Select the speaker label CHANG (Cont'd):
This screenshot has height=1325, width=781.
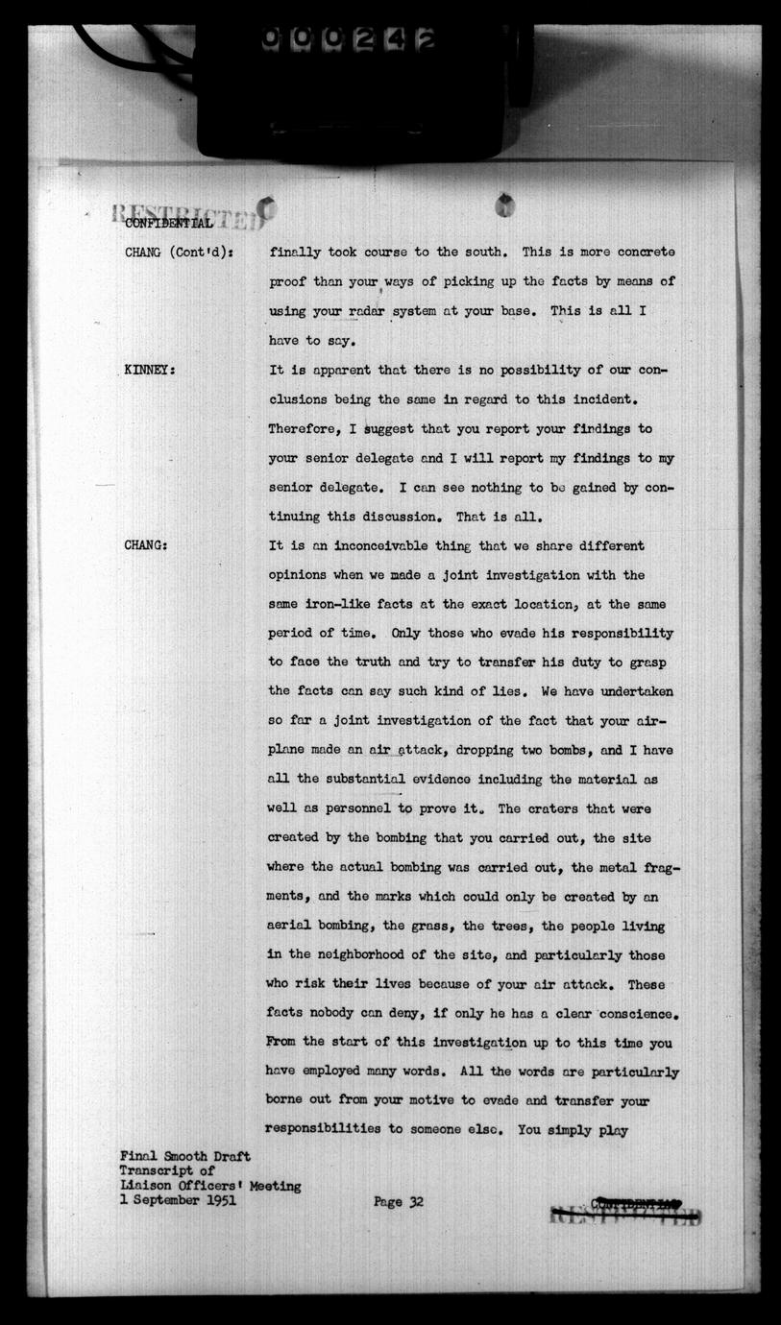point(181,253)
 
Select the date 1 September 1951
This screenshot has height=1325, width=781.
point(178,1200)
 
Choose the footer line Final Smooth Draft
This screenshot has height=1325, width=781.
point(184,1157)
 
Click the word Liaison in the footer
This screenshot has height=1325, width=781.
point(149,1186)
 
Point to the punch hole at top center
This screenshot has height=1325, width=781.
point(504,205)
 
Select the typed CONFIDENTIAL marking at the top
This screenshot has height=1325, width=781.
point(169,223)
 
